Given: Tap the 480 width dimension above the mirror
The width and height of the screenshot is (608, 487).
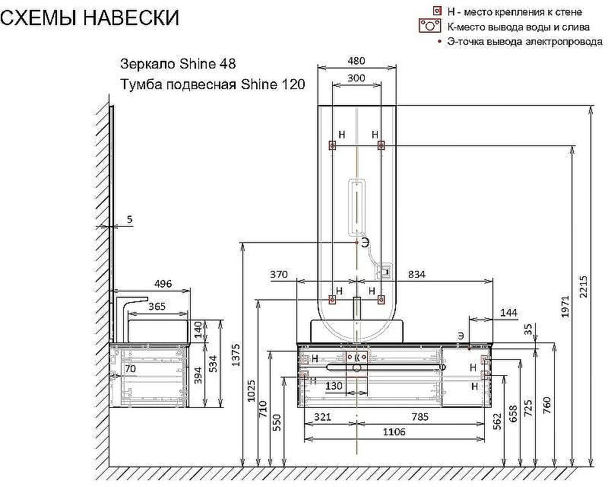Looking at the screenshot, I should tap(356, 61).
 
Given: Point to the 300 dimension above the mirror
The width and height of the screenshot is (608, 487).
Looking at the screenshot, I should tap(356, 78).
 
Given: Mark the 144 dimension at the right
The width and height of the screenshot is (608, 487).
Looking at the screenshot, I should tap(508, 313).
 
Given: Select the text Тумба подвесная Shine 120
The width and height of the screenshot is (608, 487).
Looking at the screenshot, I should tap(213, 84).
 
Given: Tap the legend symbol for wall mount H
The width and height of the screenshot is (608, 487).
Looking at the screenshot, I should tap(436, 11).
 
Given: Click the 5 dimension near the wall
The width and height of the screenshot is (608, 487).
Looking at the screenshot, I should tap(129, 220).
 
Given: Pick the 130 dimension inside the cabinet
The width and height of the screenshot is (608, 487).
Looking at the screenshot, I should tap(333, 387).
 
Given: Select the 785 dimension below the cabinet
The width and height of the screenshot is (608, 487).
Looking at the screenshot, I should tap(420, 416).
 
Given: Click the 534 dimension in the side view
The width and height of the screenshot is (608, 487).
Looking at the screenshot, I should tap(214, 364).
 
